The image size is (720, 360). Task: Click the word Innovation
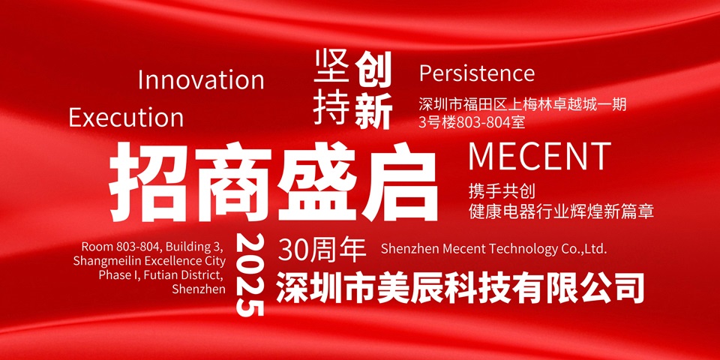pos(201,80)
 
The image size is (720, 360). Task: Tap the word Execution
pos(126,118)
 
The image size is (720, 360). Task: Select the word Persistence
pos(477,73)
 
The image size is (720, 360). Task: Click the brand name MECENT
pos(539,156)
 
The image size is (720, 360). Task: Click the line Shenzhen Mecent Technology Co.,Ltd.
pos(493,249)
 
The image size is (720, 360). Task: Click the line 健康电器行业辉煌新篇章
pos(561,211)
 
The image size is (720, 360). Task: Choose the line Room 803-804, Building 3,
pos(151,247)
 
